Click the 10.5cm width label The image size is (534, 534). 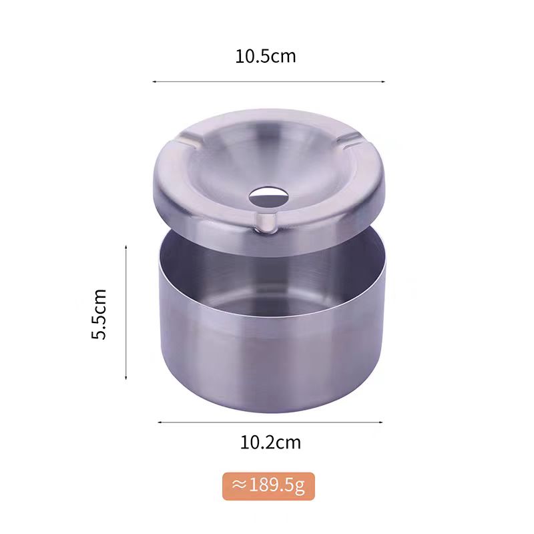(266, 57)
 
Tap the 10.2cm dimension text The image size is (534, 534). (270, 443)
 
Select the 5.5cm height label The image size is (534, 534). (99, 314)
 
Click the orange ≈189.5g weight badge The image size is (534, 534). (268, 486)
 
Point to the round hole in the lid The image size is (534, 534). (268, 196)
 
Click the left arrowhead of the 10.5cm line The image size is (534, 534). (154, 81)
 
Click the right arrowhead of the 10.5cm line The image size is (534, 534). (383, 81)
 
